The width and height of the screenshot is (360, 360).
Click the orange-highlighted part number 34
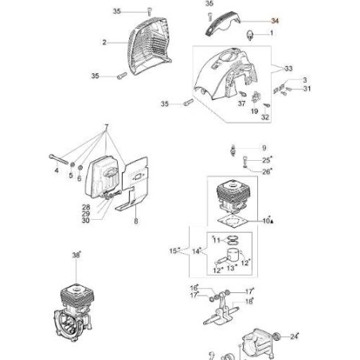point(275,21)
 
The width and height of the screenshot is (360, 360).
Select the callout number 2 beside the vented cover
point(104,42)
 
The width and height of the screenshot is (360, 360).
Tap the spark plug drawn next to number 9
point(233,151)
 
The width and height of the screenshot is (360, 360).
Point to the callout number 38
point(76,255)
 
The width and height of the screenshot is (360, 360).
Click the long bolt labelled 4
point(59,160)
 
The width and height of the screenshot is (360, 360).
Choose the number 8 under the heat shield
point(136,221)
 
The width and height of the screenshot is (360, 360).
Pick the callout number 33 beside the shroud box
point(288,68)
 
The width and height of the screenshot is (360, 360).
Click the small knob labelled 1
point(250,35)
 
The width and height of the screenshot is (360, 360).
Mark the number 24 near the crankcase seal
point(294,337)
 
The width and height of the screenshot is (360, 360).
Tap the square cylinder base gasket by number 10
point(233,221)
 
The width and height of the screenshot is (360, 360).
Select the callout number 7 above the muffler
point(107,127)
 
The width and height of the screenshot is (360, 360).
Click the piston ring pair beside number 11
point(233,240)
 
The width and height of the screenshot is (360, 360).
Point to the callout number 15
point(173,251)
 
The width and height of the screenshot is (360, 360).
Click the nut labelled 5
point(72,165)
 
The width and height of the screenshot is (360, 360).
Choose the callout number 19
point(254,111)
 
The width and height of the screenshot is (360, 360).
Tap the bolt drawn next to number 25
point(245,161)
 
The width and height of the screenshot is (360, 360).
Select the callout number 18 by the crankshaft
point(248,301)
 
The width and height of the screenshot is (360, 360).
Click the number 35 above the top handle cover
point(209,3)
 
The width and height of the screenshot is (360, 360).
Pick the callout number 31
point(307,88)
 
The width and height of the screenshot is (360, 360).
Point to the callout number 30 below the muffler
point(86,221)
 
